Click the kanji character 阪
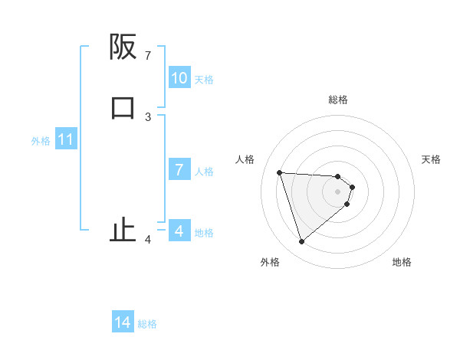coord(123,47)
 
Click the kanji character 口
coord(123,107)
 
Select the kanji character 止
coord(123,230)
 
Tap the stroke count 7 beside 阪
coord(148,56)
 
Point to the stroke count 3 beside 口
coord(148,116)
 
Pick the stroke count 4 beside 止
coord(148,240)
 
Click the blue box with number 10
coord(179,78)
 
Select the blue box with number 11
coord(66,140)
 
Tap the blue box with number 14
coord(123,323)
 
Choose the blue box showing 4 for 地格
coord(179,231)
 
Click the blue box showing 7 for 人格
coord(179,170)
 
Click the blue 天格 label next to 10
coord(204,79)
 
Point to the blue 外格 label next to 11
coord(41,141)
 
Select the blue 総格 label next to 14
coord(147,324)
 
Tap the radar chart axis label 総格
coord(338,100)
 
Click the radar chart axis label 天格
coord(431,159)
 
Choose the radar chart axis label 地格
coord(402,262)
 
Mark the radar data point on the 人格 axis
coord(279,172)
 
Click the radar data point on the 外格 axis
coord(301,242)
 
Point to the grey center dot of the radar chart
coord(338,191)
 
